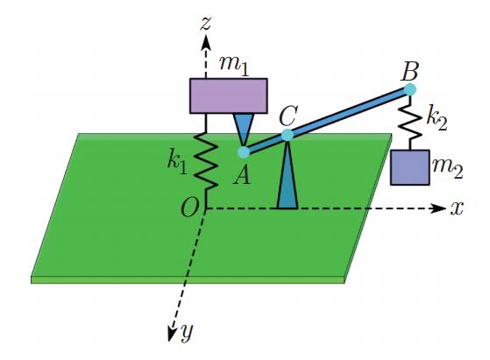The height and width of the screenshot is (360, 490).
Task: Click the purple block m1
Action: [x=229, y=95]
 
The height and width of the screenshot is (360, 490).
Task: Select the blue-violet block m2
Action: [x=410, y=167]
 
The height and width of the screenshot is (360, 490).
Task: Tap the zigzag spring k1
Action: [x=206, y=162]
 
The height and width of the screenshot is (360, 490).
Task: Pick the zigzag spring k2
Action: [x=409, y=123]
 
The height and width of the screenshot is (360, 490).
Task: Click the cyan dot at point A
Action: [x=244, y=152]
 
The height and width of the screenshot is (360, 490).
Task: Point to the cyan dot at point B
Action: [x=409, y=89]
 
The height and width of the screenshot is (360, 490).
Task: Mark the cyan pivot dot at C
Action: [x=288, y=135]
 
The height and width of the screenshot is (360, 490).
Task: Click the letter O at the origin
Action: [x=189, y=208]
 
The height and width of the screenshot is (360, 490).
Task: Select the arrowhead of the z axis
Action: [x=206, y=42]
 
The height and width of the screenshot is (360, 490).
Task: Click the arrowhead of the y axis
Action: [x=171, y=334]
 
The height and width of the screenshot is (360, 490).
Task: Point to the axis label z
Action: [x=206, y=24]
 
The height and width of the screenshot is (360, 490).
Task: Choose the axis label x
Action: [x=457, y=208]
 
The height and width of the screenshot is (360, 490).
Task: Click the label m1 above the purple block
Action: [x=234, y=66]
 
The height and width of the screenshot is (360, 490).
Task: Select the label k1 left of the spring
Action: [x=177, y=163]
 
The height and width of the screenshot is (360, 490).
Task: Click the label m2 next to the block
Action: [x=448, y=168]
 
